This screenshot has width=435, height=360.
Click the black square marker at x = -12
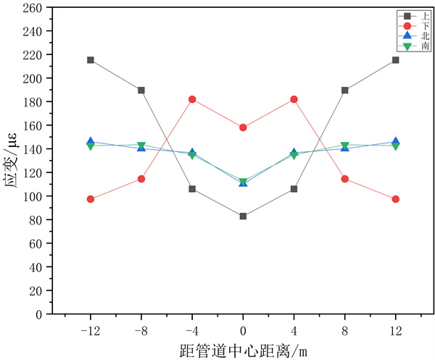pyautogui.click(x=91, y=60)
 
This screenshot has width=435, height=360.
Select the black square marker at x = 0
pyautogui.click(x=243, y=216)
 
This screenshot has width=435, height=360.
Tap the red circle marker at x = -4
pyautogui.click(x=192, y=99)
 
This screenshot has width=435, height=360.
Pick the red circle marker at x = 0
pyautogui.click(x=243, y=127)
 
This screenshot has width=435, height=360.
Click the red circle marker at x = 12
pyautogui.click(x=395, y=199)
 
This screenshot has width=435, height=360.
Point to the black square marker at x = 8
pyautogui.click(x=344, y=91)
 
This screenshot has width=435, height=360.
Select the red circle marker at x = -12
pyautogui.click(x=91, y=199)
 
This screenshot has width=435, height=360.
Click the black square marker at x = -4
pyautogui.click(x=192, y=189)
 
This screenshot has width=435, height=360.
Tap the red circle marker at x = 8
pyautogui.click(x=344, y=179)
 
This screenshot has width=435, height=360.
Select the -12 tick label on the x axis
pyautogui.click(x=91, y=330)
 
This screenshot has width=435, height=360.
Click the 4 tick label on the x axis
pyautogui.click(x=294, y=330)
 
